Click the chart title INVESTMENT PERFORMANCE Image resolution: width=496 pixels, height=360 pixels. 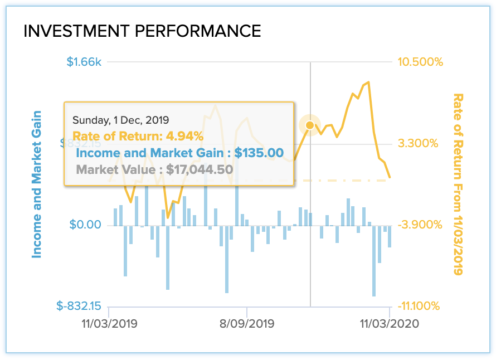(x=142, y=31)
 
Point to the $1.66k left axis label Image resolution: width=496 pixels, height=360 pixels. (x=84, y=62)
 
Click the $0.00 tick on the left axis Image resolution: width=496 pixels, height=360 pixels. (x=85, y=225)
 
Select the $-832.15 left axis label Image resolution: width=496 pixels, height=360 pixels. (x=79, y=306)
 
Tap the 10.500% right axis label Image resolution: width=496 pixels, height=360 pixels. (x=420, y=62)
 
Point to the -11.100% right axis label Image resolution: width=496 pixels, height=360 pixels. (x=420, y=306)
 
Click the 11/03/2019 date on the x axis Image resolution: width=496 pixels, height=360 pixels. (x=109, y=324)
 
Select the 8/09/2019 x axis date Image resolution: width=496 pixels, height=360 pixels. (x=247, y=324)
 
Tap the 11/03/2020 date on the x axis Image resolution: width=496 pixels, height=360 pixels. (x=388, y=324)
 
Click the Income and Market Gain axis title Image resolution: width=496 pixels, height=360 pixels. (x=37, y=184)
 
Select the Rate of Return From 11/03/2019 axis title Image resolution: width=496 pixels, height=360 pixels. (x=459, y=184)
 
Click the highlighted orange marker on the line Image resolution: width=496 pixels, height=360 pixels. (x=310, y=125)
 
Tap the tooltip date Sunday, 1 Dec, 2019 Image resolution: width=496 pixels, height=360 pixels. (x=121, y=120)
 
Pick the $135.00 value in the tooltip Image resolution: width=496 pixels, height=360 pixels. (x=259, y=153)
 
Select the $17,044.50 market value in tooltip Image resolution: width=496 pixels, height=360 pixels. (x=200, y=169)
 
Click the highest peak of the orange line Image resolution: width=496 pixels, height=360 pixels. (x=368, y=82)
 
